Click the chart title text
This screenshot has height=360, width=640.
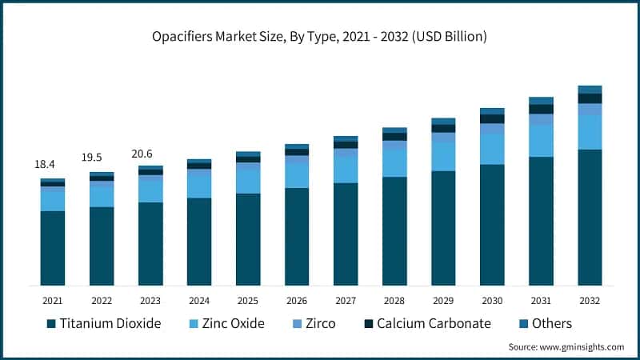coord(320,37)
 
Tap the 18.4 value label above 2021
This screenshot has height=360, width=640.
coord(45,164)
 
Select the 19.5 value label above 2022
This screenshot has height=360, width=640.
coord(94,158)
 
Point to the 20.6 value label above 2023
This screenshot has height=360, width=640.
coord(142,154)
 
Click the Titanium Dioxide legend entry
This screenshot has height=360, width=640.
coord(104,323)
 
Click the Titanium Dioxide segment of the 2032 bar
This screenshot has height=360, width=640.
coord(590,216)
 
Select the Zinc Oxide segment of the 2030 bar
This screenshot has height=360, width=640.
coord(492,149)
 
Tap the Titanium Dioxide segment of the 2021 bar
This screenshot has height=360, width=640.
coord(53,248)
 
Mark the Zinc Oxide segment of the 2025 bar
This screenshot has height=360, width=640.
coord(248,181)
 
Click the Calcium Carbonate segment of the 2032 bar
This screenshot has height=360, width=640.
coord(590,98)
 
